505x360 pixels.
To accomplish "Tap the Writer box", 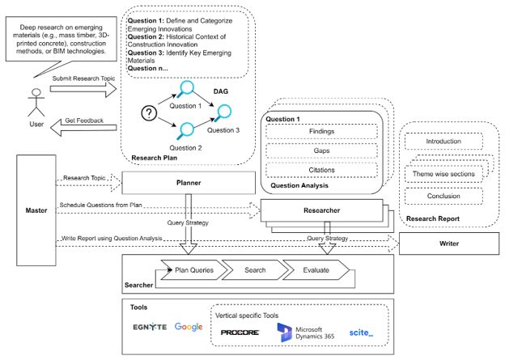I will tap(448, 244).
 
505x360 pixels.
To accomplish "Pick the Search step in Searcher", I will tap(254, 271).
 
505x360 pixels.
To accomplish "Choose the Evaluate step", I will tap(314, 271).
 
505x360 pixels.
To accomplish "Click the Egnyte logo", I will tap(150, 327).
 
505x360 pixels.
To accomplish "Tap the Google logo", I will tap(188, 327).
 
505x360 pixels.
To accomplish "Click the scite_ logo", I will tap(361, 332).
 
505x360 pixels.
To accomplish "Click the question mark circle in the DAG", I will tap(148, 114).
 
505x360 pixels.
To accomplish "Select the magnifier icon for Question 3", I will tap(221, 111).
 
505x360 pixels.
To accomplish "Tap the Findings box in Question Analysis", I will tap(322, 132).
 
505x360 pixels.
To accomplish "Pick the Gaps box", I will tap(322, 151).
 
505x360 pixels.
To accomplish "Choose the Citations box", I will tap(322, 170).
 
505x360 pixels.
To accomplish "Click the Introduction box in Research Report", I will tap(443, 142).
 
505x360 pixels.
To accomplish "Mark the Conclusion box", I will tap(443, 197).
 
